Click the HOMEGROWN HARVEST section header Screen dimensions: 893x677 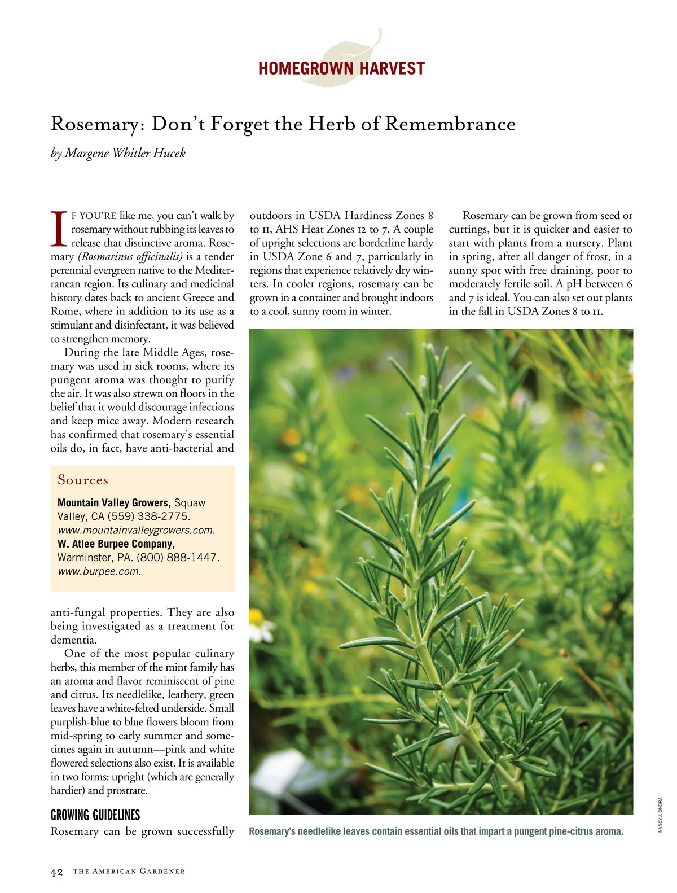341,69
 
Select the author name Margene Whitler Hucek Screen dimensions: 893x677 125,153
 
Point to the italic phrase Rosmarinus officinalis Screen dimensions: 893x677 130,257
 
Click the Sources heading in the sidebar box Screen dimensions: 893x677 83,480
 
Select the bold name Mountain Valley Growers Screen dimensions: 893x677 113,502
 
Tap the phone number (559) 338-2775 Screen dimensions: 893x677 148,516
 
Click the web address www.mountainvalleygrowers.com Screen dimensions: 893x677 136,531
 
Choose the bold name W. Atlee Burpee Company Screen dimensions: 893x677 116,544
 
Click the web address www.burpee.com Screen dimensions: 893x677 99,571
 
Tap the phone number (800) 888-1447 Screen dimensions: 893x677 177,558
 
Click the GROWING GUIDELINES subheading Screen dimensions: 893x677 95,815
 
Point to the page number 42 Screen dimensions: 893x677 57,872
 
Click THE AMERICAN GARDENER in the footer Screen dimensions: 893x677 129,872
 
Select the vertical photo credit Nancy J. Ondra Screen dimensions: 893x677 660,814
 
